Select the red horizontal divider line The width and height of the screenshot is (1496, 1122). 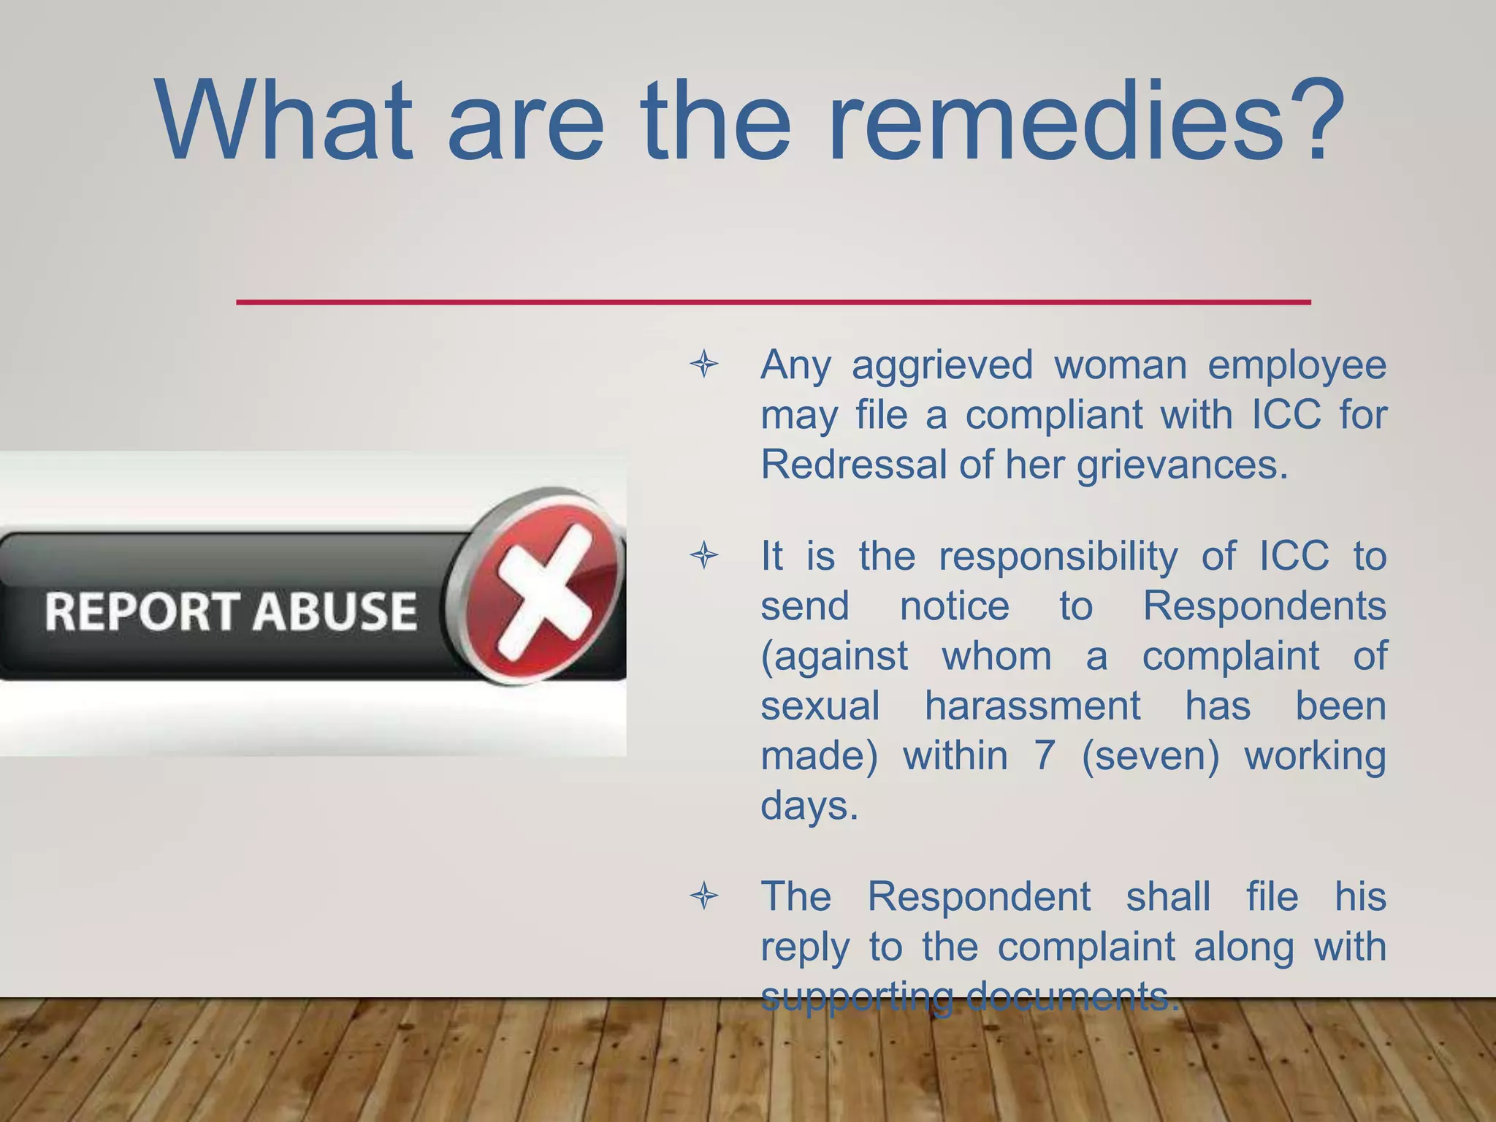tap(773, 302)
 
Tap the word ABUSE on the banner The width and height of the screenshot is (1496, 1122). tap(335, 611)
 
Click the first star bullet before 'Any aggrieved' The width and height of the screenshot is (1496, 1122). tap(704, 364)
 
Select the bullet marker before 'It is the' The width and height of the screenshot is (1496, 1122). tap(704, 557)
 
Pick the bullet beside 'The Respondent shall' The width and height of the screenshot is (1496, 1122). tap(704, 896)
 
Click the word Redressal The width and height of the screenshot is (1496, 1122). tap(853, 464)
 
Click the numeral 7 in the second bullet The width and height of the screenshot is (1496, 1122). tap(1045, 755)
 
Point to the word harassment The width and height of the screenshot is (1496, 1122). tap(1032, 706)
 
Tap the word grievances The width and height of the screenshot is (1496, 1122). tap(1182, 465)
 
